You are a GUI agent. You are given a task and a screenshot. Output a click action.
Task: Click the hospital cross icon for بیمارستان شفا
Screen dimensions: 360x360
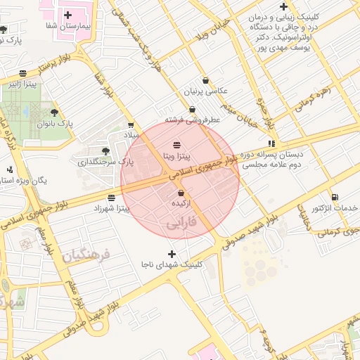click(67, 14)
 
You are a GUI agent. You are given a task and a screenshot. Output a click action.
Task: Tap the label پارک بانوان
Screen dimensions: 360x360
click(50, 123)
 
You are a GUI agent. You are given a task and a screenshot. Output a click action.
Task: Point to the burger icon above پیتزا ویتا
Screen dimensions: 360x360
click(176, 144)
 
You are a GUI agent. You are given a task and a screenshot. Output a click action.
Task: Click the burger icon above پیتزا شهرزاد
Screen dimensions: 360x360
click(112, 198)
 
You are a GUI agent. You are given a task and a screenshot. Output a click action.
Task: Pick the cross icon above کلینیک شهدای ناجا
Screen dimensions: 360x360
click(172, 253)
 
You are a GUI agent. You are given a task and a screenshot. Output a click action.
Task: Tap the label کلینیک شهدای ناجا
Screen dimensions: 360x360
click(172, 264)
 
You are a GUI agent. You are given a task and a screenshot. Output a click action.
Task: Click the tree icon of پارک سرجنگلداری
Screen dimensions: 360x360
click(105, 150)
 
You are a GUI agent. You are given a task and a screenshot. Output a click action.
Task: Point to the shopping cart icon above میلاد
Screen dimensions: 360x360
click(131, 125)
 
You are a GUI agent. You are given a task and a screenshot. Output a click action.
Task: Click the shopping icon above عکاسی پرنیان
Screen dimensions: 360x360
click(205, 80)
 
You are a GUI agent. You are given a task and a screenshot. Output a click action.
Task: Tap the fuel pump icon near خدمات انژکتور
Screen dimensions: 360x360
click(334, 197)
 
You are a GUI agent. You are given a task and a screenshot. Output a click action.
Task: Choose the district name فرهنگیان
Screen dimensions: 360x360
click(86, 255)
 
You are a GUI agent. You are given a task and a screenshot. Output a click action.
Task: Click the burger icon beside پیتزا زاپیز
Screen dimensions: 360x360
click(23, 72)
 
